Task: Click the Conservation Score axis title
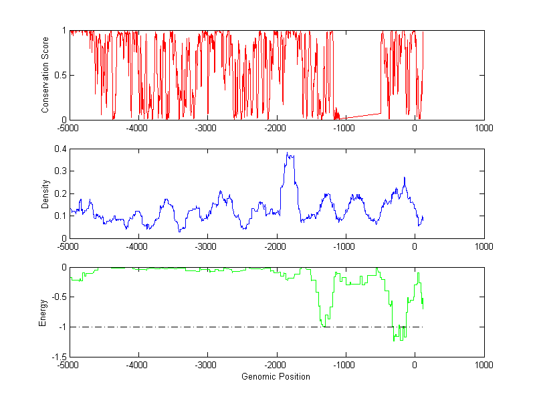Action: tap(45, 75)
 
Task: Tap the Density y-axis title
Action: tap(45, 193)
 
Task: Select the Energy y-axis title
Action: tap(43, 312)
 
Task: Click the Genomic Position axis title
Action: tap(276, 376)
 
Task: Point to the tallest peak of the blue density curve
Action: tap(287, 153)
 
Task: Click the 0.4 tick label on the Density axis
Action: tap(59, 149)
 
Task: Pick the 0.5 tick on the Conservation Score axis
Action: tap(59, 75)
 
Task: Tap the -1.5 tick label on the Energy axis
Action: tap(58, 357)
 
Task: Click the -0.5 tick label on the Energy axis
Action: tap(58, 297)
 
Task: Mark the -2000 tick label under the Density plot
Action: tap(276, 246)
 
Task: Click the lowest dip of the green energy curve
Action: tap(395, 340)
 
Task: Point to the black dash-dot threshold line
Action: tap(201, 327)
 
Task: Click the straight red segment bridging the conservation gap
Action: tap(361, 115)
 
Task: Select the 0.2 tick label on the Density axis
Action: tap(59, 193)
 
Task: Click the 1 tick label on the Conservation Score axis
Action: tap(64, 31)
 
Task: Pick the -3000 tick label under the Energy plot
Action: tap(207, 366)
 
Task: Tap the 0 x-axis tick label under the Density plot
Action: tap(415, 246)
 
